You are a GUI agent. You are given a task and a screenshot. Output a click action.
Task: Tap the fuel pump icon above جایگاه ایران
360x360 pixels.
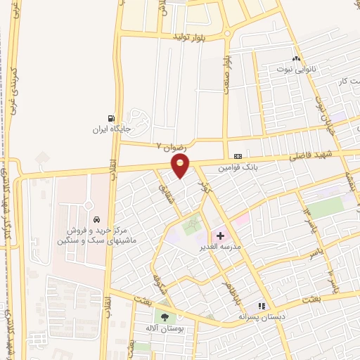(110, 118)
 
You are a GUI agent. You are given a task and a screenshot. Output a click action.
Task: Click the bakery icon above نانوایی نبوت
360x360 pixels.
(296, 59)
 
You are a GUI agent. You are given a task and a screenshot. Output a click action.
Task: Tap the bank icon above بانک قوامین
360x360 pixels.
(237, 156)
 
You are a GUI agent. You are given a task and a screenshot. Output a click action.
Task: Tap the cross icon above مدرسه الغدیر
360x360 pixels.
(220, 236)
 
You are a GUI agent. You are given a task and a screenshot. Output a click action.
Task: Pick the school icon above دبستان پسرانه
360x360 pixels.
(261, 306)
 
